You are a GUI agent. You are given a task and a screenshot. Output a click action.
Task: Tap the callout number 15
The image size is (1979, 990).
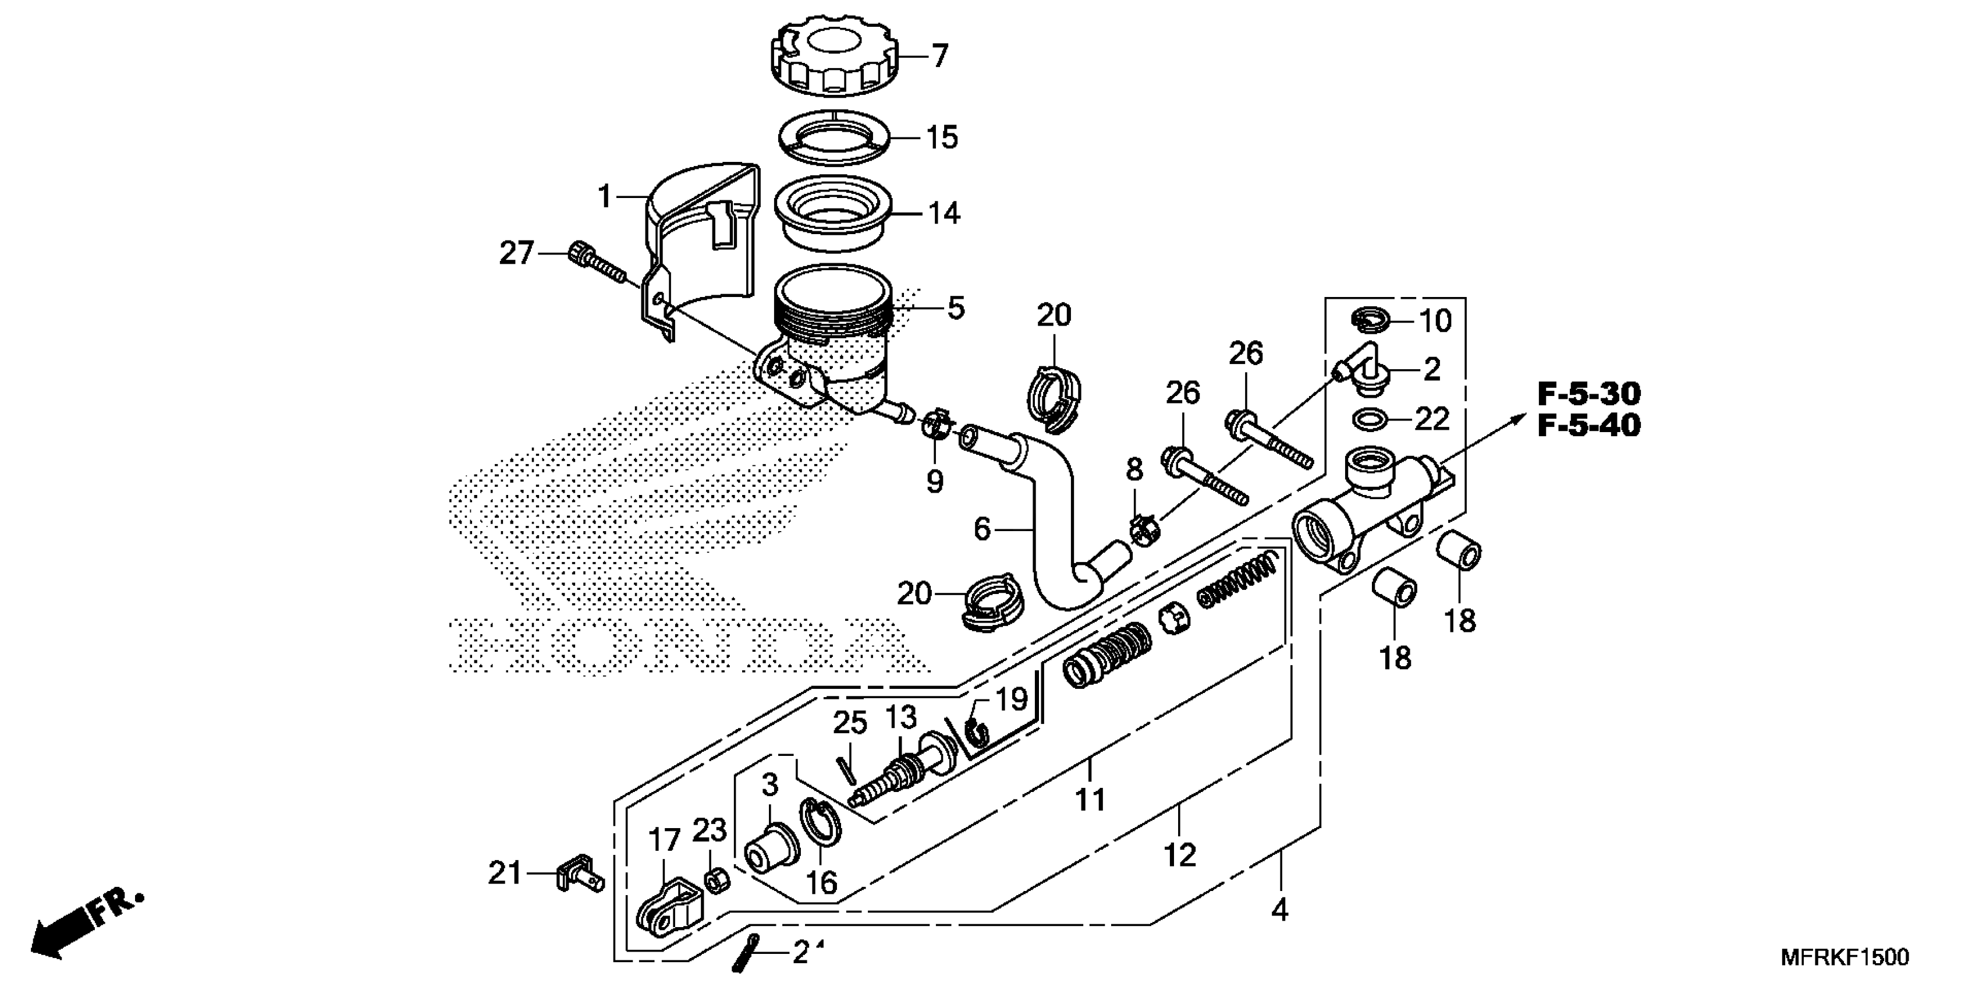[x=942, y=137]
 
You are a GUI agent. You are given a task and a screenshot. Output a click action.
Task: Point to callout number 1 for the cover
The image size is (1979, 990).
[x=605, y=197]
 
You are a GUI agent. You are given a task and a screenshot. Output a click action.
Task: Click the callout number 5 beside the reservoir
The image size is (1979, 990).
[x=956, y=308]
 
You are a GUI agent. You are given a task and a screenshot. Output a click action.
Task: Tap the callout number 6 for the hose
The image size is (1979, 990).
[x=982, y=529]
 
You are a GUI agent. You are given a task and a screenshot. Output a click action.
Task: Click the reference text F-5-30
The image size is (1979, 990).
[x=1589, y=394]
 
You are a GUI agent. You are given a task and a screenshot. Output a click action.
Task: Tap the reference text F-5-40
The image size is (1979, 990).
[x=1589, y=425]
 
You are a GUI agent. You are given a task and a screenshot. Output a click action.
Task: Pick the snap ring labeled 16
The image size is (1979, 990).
[x=821, y=830]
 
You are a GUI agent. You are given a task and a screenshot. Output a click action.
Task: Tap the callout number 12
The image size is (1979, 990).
[x=1179, y=855]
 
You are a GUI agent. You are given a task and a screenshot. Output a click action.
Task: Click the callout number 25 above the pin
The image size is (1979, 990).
[x=850, y=723]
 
